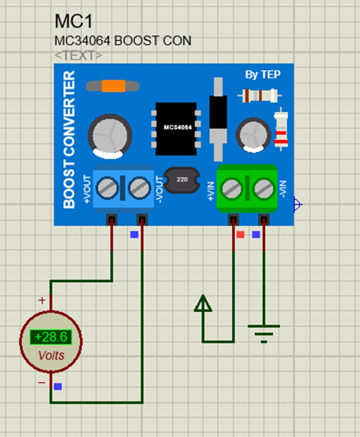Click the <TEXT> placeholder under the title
pyautogui.click(x=78, y=55)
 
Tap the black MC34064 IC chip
pyautogui.click(x=176, y=128)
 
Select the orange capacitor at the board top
pyautogui.click(x=112, y=86)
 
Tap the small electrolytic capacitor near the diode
pyautogui.click(x=253, y=133)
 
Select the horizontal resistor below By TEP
pyautogui.click(x=259, y=96)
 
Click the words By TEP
pyautogui.click(x=262, y=75)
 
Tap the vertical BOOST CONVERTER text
pyautogui.click(x=69, y=140)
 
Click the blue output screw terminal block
pyautogui.click(x=124, y=188)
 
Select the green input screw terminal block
pyautogui.click(x=247, y=188)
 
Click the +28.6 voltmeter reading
pyautogui.click(x=51, y=337)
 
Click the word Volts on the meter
pyautogui.click(x=51, y=356)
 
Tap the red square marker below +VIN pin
pyautogui.click(x=240, y=235)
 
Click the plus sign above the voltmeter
pyautogui.click(x=42, y=300)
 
